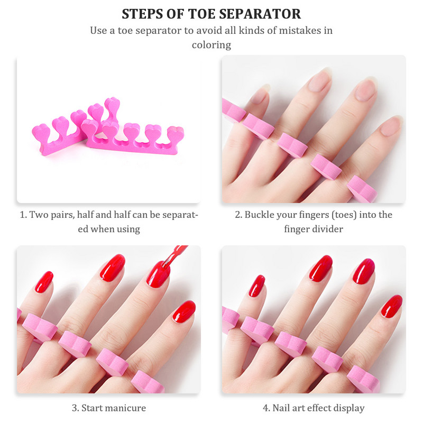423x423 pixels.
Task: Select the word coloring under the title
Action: point(212,45)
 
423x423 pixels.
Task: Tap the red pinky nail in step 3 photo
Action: point(44,282)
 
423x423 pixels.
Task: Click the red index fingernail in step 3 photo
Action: point(184,311)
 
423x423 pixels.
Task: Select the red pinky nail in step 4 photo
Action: point(256,286)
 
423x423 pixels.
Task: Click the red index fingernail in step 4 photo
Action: point(392,306)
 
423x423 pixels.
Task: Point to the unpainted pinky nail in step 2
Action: point(260,95)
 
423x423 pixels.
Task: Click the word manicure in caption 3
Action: point(126,408)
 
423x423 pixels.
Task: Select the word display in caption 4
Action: point(350,408)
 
